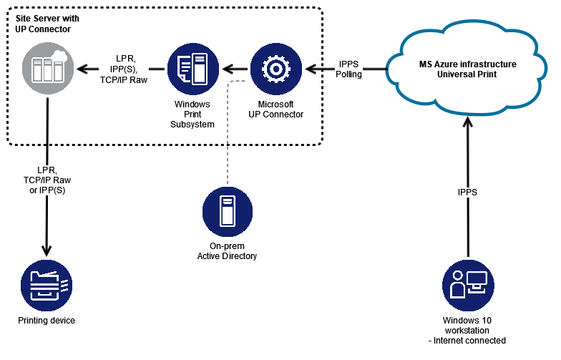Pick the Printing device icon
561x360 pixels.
tap(47, 285)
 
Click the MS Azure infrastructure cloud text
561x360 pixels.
tap(467, 69)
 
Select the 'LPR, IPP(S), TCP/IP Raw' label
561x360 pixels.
tap(124, 69)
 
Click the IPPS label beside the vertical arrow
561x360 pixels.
tap(469, 192)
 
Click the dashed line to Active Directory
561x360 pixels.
tap(227, 136)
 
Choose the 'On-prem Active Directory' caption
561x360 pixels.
tap(227, 251)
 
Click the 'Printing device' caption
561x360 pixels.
tap(47, 321)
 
